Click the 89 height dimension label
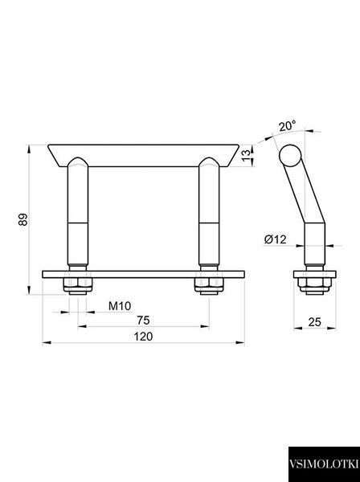pos(23,219)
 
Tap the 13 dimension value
pos(246,156)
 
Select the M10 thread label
pos(120,306)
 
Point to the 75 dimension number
pos(143,321)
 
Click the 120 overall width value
pos(143,337)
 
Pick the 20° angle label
pos(288,126)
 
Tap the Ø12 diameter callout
pos(275,239)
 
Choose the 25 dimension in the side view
pos(314,322)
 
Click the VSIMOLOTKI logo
pos(324,464)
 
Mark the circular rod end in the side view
pos(290,155)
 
